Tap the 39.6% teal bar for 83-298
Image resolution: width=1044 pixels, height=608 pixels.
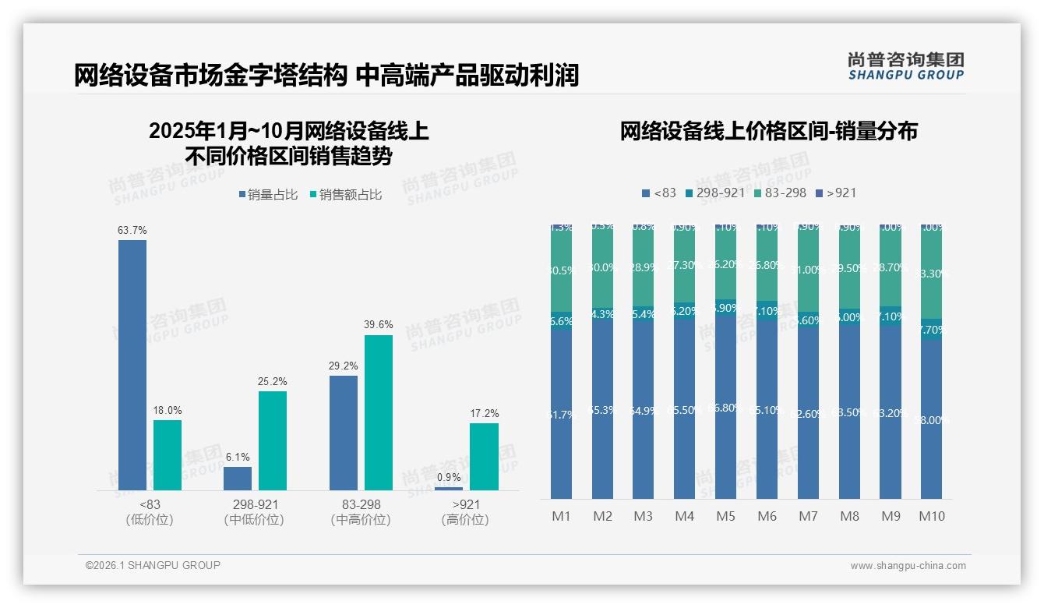tap(379, 412)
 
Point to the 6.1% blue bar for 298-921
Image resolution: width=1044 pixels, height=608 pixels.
tap(238, 478)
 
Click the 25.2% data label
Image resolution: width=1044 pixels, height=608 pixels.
tap(273, 381)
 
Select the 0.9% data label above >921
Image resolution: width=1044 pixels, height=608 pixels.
tap(449, 477)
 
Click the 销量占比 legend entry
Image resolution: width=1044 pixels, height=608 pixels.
tap(268, 195)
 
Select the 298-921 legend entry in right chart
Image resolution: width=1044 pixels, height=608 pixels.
tap(714, 193)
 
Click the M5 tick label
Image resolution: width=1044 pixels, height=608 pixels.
tap(725, 516)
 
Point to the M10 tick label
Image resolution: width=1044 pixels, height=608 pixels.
tap(932, 516)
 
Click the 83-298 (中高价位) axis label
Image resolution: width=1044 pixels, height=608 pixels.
tap(361, 512)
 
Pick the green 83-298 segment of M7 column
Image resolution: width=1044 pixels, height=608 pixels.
tap(808, 269)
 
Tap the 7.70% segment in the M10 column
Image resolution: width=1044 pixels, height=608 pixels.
tap(932, 330)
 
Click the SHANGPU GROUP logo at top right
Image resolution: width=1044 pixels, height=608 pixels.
tap(905, 66)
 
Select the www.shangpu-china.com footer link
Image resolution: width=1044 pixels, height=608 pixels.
tap(908, 566)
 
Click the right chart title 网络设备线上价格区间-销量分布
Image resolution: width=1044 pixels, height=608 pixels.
tap(768, 131)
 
